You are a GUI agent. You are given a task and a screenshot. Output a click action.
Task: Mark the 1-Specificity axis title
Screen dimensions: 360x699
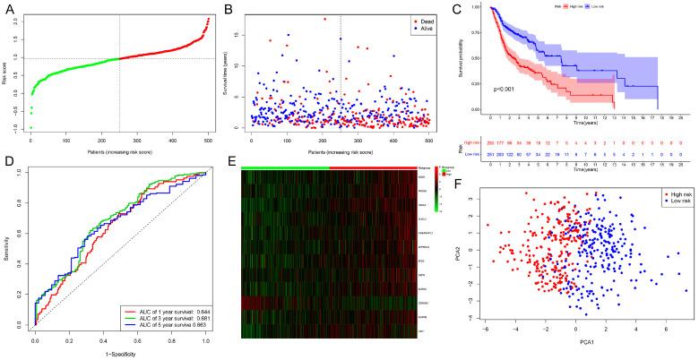(x=121, y=356)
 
